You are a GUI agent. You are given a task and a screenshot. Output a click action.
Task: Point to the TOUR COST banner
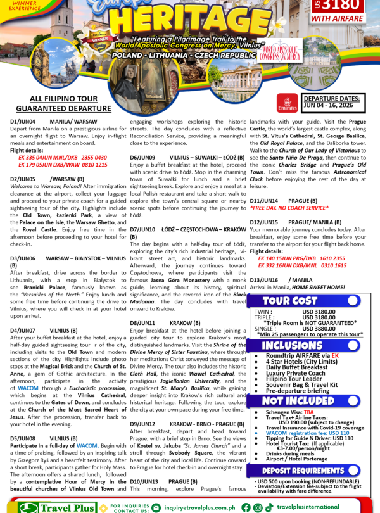(x=289, y=300)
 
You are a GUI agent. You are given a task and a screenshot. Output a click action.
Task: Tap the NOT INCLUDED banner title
(x=290, y=400)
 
